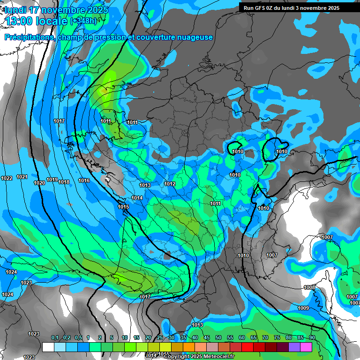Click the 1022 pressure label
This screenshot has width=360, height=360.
pos(7,178)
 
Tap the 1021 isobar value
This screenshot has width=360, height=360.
pos(22,177)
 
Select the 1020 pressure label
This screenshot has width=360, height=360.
pos(39,183)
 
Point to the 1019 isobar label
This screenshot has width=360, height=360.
pos(52,180)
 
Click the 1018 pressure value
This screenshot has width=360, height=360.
pos(64,182)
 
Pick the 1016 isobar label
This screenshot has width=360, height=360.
pos(84,180)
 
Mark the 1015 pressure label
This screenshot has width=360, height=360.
pos(123,207)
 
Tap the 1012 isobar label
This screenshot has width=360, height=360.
pos(170,184)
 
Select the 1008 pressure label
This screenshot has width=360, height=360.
pos(309,287)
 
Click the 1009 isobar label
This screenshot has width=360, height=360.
pos(303,308)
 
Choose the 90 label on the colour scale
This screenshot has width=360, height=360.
pos(312,338)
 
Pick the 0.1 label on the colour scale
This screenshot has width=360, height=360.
pos(55,338)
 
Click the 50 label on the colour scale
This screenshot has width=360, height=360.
pos(218,338)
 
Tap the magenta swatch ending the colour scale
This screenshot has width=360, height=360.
pos(306,347)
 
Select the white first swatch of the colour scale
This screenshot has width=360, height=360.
pos(48,347)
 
